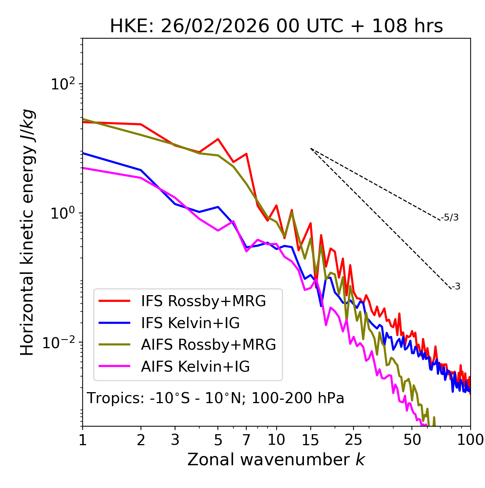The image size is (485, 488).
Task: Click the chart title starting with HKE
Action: (x=276, y=27)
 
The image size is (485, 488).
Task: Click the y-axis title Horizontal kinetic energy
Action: (x=27, y=232)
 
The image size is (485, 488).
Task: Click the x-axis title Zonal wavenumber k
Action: (x=276, y=459)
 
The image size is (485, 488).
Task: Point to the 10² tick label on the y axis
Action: (x=63, y=84)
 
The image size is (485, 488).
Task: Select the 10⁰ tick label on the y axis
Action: (x=63, y=213)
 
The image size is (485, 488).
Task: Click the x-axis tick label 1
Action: (x=83, y=440)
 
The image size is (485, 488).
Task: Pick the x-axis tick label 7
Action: (x=246, y=440)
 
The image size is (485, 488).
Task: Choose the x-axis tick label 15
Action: (x=310, y=440)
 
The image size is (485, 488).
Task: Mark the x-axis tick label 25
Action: (x=353, y=440)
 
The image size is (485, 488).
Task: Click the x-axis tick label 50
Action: (x=412, y=440)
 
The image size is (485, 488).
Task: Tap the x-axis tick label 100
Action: (x=470, y=440)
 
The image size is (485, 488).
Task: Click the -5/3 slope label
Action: (x=450, y=217)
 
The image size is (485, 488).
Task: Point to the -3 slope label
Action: (x=456, y=286)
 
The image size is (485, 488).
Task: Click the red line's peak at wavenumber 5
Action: (x=218, y=139)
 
